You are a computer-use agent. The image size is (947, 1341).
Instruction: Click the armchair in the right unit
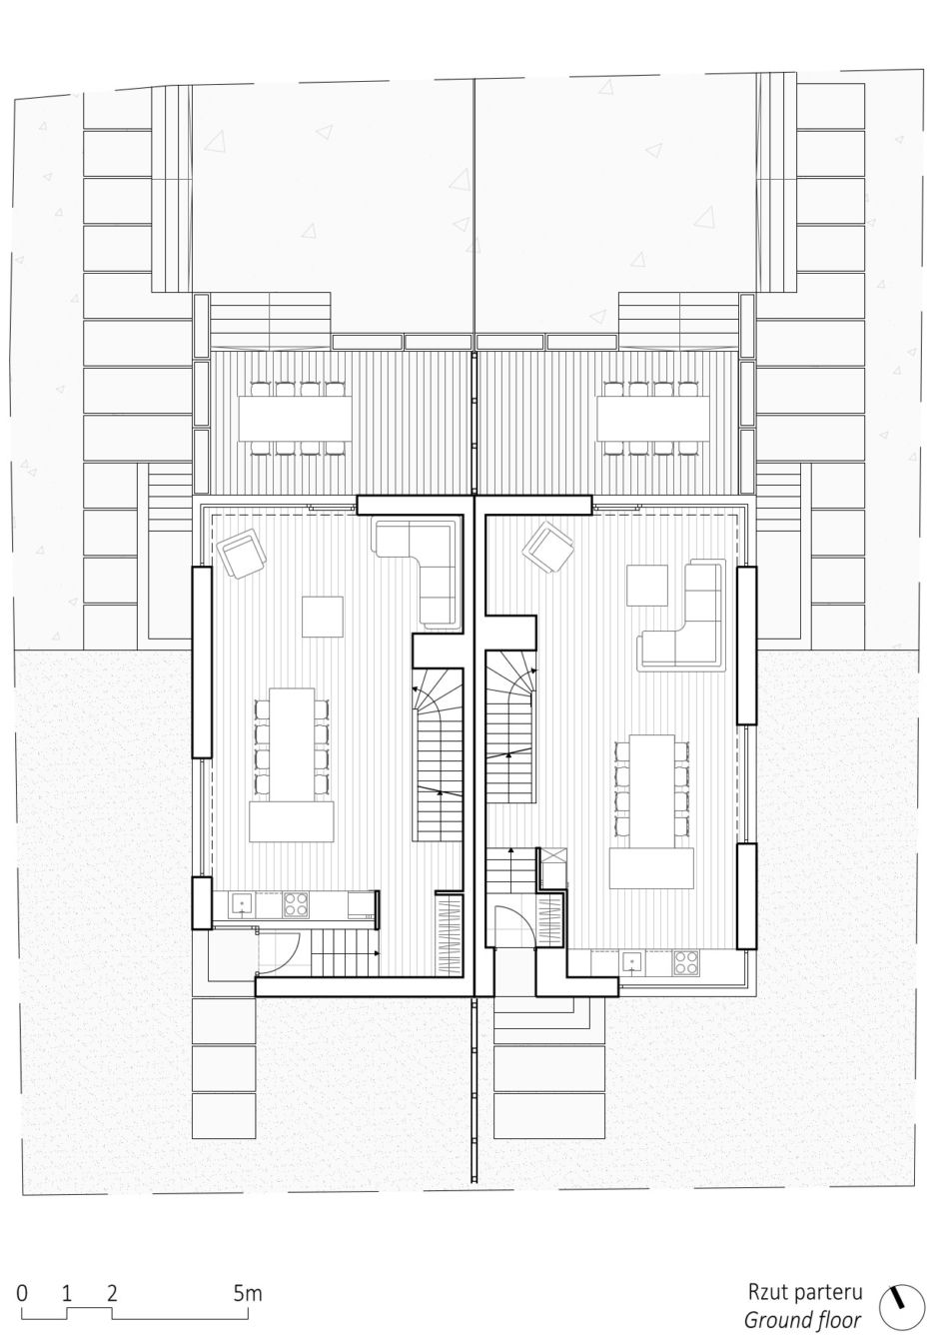(547, 547)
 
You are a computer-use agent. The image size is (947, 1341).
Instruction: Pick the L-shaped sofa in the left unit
(418, 572)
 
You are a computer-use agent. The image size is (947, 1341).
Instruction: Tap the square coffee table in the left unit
(323, 617)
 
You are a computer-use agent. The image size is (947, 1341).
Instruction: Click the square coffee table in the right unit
(646, 586)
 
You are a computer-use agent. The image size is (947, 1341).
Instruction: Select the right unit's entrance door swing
(514, 927)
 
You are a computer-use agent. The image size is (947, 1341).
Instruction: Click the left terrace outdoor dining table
(295, 418)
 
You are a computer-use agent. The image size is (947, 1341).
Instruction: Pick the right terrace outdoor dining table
(653, 418)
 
